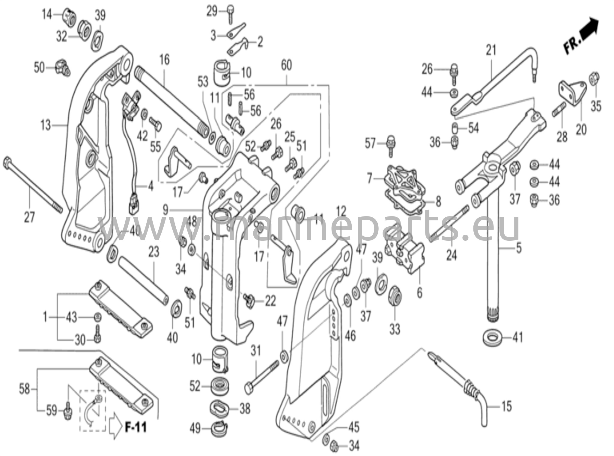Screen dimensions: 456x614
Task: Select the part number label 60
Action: coord(286,65)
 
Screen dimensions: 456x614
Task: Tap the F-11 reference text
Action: coord(136,427)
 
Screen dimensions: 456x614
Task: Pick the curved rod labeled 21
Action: coord(498,78)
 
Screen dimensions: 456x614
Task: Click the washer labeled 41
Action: coord(492,337)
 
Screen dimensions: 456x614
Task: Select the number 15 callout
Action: coord(506,406)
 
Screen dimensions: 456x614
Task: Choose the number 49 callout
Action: coord(195,428)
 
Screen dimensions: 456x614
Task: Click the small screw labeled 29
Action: coord(230,14)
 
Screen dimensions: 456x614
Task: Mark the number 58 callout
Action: coord(25,389)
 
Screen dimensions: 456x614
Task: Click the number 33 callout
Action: coord(395,329)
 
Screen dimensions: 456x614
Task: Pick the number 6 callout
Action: coord(419,293)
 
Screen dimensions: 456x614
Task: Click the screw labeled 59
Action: coord(68,411)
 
